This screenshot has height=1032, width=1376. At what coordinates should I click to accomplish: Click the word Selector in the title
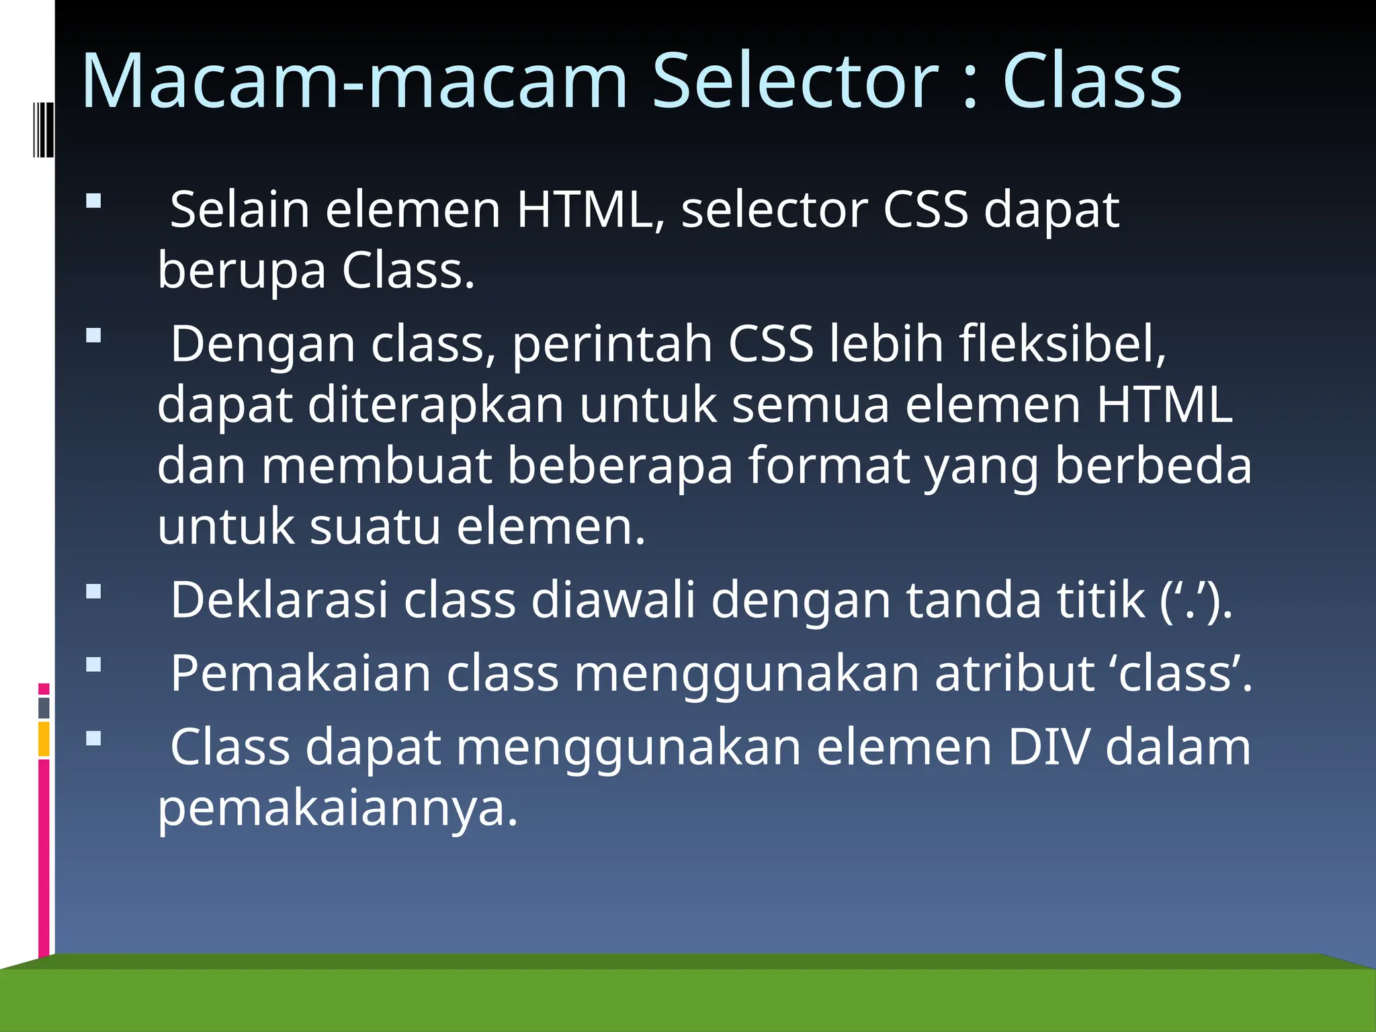coord(795,82)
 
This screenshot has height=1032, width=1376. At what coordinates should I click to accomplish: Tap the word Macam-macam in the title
coord(354,82)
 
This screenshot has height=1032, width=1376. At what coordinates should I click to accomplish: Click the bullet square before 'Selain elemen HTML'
coord(93,201)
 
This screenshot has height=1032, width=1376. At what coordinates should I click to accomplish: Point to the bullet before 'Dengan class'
coord(93,335)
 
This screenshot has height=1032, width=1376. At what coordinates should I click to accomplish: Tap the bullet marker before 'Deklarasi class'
coord(93,591)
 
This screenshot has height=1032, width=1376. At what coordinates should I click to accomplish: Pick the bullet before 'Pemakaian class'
coord(93,665)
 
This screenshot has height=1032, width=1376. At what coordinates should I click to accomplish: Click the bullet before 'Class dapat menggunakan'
coord(93,739)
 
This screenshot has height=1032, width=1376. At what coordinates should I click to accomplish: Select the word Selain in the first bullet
coord(240,210)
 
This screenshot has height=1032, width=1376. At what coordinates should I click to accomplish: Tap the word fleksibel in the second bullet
coord(1062,344)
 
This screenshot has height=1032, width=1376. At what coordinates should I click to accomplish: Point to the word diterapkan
coord(435,405)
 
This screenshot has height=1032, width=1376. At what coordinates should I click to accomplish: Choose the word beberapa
coord(619,466)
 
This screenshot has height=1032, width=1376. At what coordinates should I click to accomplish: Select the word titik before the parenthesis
coord(1101,599)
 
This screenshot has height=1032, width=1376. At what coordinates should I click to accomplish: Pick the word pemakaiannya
coord(337,809)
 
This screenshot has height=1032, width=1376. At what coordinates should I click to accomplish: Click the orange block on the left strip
coord(44,739)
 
